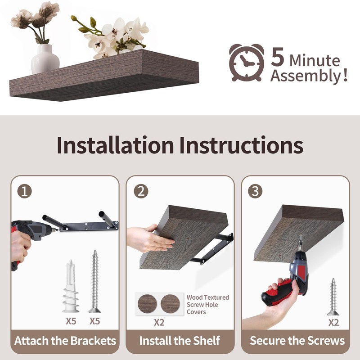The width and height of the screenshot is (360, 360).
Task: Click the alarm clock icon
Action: coord(246,63)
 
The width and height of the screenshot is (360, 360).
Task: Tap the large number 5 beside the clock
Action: coord(278,57)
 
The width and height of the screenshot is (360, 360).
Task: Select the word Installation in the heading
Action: coord(115,145)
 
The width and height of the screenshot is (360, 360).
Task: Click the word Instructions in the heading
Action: coord(241,145)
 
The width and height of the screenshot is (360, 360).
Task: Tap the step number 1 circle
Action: coord(25,191)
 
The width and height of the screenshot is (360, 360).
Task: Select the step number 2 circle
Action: coord(141,191)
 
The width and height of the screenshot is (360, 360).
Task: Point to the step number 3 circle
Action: coord(255,191)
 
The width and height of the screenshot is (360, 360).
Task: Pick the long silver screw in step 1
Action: coord(95,281)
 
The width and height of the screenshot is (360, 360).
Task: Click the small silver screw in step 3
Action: coord(333,297)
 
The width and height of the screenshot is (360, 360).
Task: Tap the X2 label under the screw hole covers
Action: coord(159,323)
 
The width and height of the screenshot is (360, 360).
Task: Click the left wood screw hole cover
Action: coord(147,304)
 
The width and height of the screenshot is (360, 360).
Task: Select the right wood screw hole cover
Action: coord(171,304)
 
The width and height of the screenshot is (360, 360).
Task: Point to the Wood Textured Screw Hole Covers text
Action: coord(208,305)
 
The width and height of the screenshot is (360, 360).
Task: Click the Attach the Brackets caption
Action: coord(65,341)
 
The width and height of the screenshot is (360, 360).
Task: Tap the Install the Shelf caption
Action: coord(180,341)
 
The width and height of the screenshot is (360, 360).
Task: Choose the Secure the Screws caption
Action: coord(297,341)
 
